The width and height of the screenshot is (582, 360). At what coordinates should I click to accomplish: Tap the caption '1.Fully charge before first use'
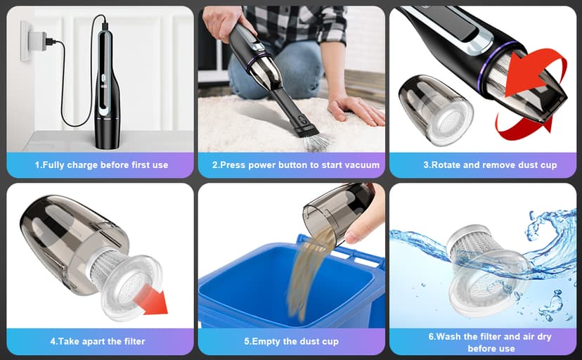(x=101, y=165)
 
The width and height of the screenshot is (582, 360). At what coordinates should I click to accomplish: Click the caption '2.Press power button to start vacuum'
(x=295, y=165)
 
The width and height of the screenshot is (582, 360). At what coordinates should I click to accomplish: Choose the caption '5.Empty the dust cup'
(x=291, y=341)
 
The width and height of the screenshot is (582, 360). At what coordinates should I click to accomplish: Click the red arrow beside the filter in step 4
(x=150, y=299)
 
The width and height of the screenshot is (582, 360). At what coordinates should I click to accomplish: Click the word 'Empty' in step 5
(x=266, y=341)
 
